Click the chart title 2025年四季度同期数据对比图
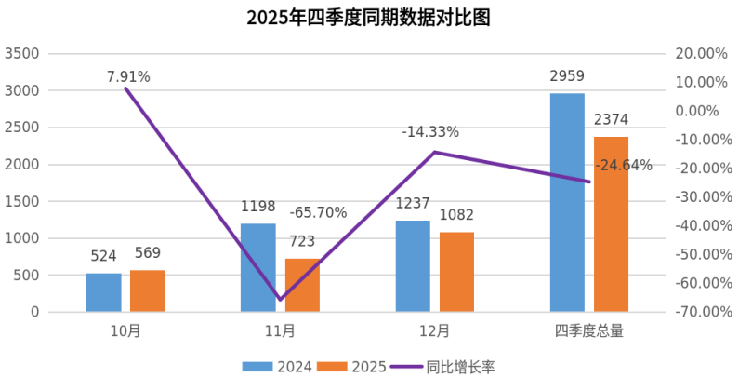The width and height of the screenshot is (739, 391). [x=368, y=18]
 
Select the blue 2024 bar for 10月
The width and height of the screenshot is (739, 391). [x=104, y=292]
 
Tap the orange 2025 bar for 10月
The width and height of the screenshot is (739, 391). [x=148, y=290]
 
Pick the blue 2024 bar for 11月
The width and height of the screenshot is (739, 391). [x=258, y=267]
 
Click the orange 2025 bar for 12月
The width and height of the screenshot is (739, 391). [x=456, y=272]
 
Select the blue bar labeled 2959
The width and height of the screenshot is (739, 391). [x=567, y=202]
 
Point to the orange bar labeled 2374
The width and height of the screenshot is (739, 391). [x=611, y=224]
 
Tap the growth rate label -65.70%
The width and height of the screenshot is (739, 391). [x=318, y=212]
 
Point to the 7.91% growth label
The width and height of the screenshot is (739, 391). [x=128, y=76]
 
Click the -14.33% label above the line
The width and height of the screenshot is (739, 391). [x=430, y=132]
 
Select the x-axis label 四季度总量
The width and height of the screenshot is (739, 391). [x=588, y=330]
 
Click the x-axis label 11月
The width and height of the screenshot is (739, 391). [x=280, y=330]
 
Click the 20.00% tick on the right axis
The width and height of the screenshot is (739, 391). [x=698, y=54]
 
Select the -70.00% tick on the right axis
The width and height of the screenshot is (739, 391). [x=696, y=312]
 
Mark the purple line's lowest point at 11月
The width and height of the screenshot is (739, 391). [x=280, y=300]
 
